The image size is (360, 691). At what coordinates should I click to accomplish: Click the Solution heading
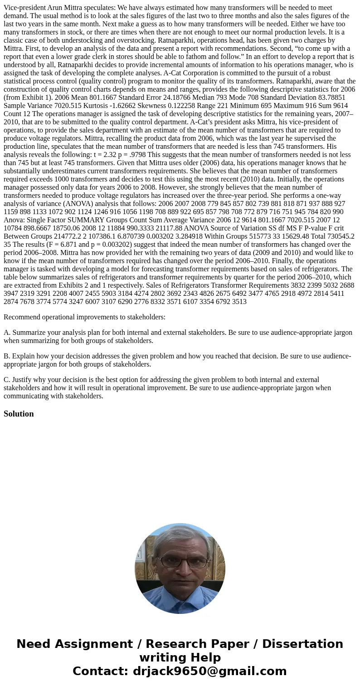(x=19, y=414)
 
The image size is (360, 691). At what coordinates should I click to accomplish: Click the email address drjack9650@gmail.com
(x=210, y=671)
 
